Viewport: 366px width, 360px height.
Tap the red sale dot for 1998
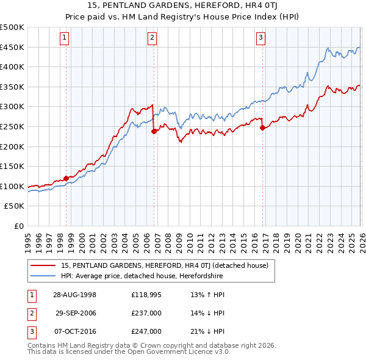click(x=66, y=178)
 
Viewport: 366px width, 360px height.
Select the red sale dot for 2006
click(x=154, y=131)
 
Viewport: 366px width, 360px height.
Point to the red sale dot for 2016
click(x=262, y=128)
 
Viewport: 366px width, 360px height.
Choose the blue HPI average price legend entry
click(x=142, y=276)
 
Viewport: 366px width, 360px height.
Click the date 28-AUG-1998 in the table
click(x=74, y=294)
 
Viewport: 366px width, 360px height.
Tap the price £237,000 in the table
click(x=146, y=313)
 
